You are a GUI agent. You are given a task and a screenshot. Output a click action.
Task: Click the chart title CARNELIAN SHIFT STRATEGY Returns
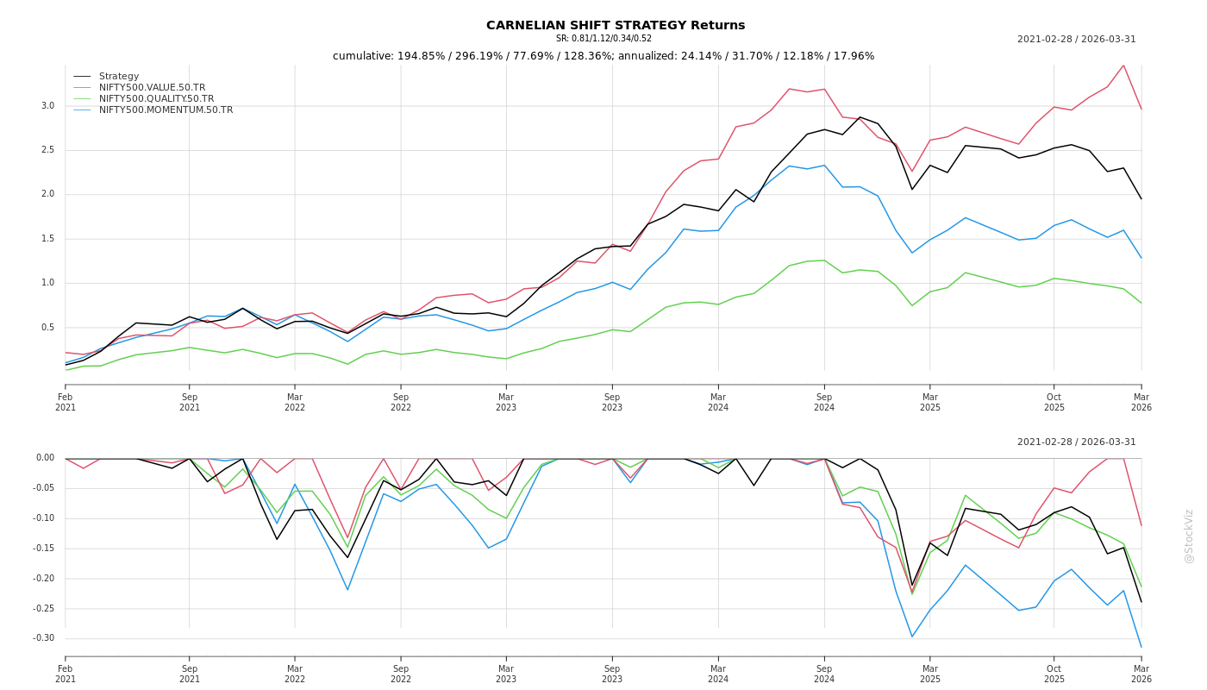pos(616,26)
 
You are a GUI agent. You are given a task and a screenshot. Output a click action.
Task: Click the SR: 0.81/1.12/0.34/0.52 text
pos(603,39)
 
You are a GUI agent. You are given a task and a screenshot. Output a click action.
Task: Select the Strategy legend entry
pos(119,77)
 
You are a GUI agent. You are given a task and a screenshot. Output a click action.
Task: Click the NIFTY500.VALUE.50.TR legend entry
pos(152,88)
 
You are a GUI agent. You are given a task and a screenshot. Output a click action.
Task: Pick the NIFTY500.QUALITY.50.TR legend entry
pos(156,99)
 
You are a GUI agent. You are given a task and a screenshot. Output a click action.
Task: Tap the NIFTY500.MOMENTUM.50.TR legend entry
pos(166,110)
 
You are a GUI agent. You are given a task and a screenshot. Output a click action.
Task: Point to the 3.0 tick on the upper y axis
pos(47,106)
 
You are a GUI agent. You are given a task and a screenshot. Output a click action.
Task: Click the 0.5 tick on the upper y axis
pos(47,328)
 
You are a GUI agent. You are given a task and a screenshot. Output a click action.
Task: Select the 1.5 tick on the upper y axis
pos(47,239)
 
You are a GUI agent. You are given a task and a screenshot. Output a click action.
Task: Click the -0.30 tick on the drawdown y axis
pos(45,638)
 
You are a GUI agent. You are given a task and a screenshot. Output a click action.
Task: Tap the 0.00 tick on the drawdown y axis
pos(45,458)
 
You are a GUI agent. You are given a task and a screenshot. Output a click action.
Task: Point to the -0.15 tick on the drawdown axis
pos(45,549)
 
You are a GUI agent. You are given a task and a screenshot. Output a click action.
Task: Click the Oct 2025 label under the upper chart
pos(1054,403)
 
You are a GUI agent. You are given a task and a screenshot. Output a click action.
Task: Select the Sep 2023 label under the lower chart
pos(612,674)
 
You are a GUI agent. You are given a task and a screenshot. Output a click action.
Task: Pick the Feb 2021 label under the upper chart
pos(66,403)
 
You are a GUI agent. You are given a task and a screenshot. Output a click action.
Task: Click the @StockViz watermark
pos(1189,536)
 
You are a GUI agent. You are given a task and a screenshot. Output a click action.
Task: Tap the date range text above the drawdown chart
pos(1076,442)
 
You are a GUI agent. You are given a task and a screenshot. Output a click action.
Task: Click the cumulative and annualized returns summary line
pos(603,56)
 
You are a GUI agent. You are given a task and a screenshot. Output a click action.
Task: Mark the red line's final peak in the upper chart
pos(1123,66)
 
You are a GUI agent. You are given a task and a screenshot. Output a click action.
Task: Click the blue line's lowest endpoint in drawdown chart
pos(1141,647)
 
